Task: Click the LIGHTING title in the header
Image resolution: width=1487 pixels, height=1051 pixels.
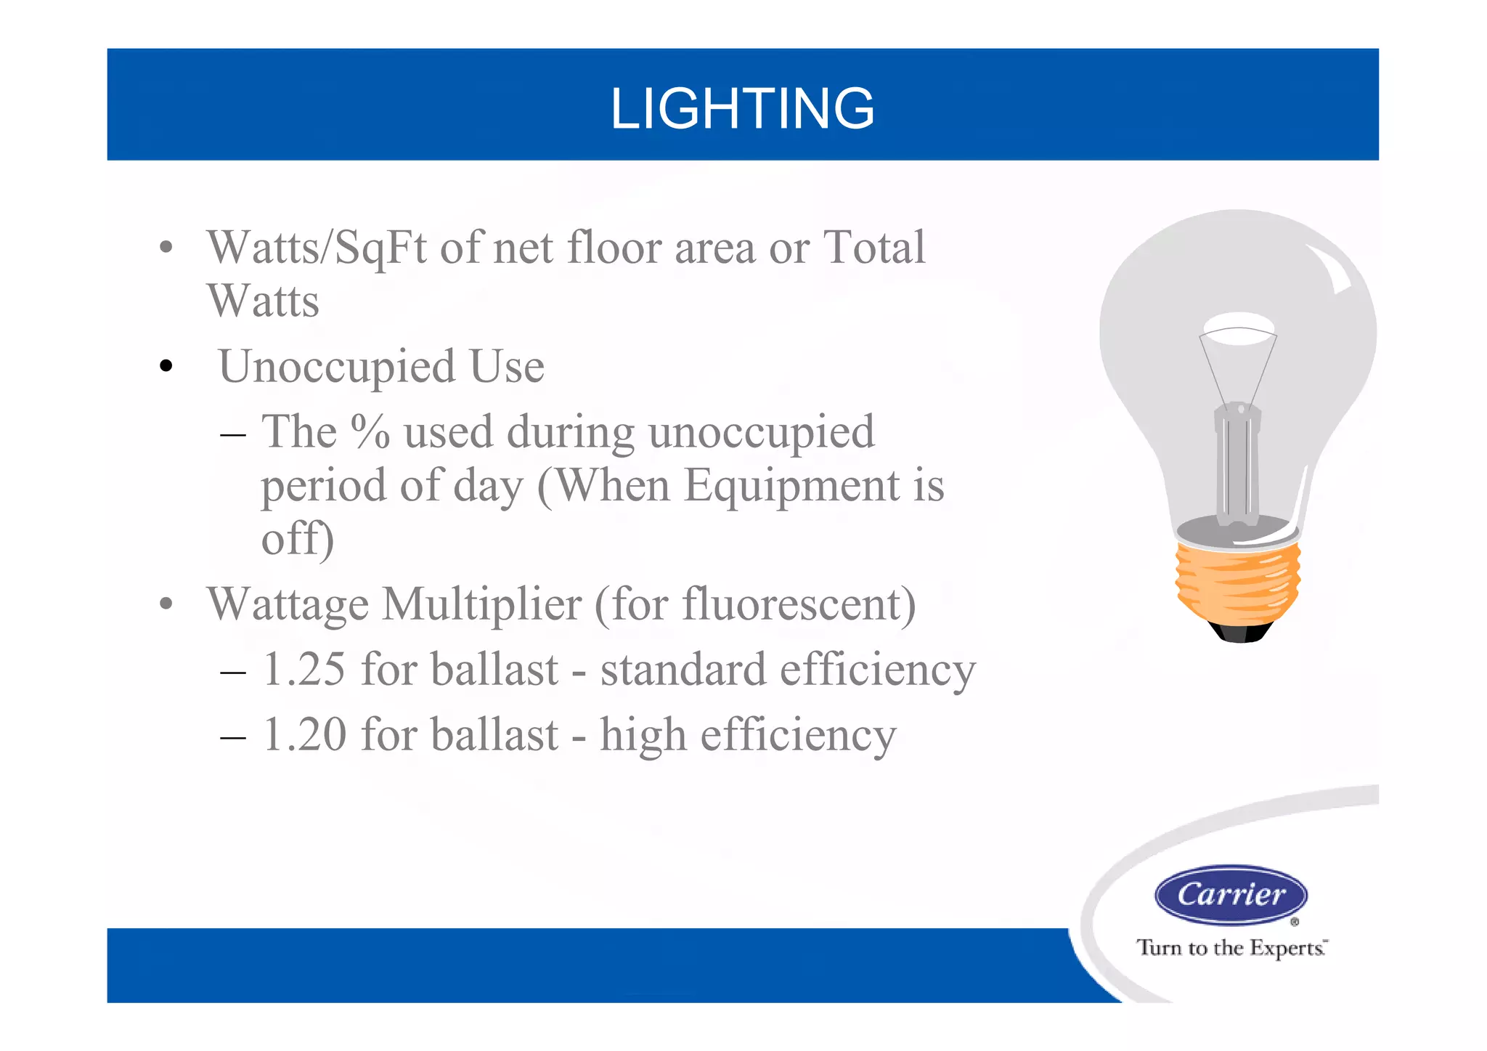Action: coord(742,109)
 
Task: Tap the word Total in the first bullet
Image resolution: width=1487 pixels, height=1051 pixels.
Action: coord(873,247)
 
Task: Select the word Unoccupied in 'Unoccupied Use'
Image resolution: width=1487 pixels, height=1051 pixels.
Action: coord(336,366)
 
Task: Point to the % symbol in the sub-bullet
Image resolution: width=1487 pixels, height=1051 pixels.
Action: coord(370,431)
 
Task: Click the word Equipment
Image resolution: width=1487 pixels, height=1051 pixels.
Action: coord(791,485)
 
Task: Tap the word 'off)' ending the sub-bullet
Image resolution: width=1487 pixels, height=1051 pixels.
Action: coord(298,539)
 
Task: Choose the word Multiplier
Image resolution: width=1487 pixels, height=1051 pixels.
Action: coord(481,604)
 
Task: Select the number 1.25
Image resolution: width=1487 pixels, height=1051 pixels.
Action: coord(303,669)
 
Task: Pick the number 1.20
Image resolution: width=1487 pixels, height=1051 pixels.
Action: coord(303,734)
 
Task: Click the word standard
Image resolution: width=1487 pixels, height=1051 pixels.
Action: coord(683,669)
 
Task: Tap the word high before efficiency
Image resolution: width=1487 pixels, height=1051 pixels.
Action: coord(643,734)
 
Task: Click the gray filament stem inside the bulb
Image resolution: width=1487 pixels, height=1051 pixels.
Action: coord(1237,465)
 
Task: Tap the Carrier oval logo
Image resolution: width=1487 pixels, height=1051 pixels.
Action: coord(1231,895)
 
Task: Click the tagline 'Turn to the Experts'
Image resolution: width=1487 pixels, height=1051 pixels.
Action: coord(1231,948)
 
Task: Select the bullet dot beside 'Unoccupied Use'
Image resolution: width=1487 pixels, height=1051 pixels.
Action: coord(166,366)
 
